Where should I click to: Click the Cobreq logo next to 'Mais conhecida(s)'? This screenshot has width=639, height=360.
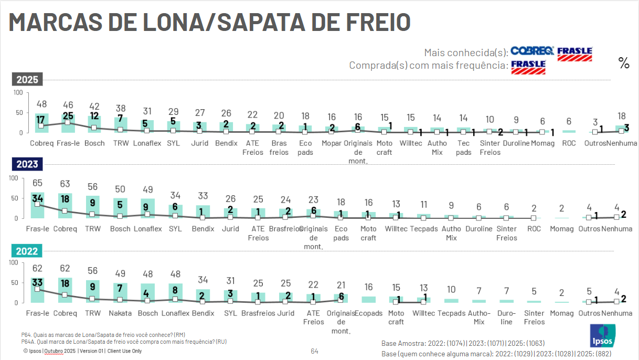coord(532,51)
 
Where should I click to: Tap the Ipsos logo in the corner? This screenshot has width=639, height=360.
coord(602,335)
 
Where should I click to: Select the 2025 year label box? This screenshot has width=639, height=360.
coord(27,80)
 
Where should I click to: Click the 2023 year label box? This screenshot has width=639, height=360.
coord(27,164)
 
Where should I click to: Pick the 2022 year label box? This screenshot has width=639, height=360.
coord(27,251)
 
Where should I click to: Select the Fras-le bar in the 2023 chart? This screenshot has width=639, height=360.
coord(38,205)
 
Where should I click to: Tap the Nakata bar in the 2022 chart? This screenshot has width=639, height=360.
coord(120,293)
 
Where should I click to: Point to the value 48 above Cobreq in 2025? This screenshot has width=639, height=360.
coord(41,104)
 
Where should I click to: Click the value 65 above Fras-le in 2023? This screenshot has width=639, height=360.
coord(38,184)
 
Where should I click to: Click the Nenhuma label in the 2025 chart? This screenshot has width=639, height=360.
coord(621,143)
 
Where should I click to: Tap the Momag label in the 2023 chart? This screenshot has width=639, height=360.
coord(561,229)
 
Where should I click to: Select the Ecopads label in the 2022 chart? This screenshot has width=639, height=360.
coord(369,313)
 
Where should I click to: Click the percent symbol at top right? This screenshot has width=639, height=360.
coord(624,63)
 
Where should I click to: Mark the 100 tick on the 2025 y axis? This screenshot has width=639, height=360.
coord(18,93)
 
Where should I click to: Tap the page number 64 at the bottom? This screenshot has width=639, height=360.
coord(314,351)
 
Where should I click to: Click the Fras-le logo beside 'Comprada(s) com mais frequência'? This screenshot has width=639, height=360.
coord(528,66)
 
